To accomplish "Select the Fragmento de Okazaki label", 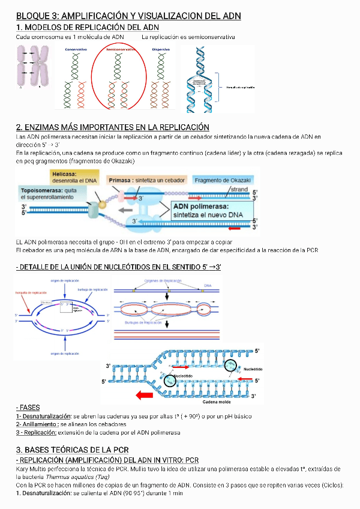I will coord(223,179).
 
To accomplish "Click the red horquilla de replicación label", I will coord(31,292).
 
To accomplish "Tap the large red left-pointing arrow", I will coord(145,394).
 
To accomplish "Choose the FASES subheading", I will coord(28,408).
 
